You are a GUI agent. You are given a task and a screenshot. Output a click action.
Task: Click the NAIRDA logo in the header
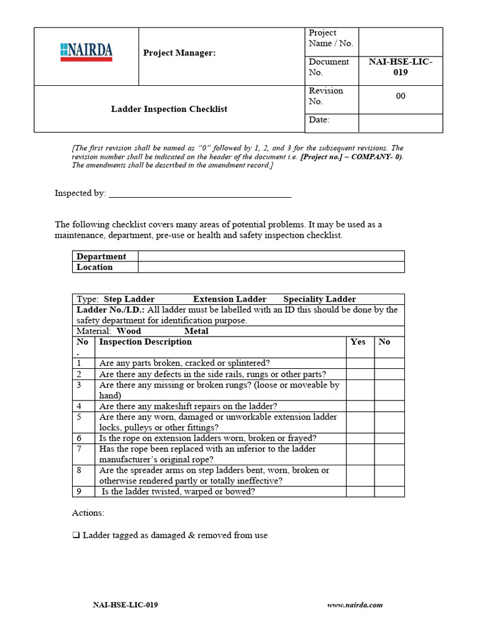pyautogui.click(x=86, y=52)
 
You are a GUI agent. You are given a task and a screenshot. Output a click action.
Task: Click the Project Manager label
pyautogui.click(x=179, y=53)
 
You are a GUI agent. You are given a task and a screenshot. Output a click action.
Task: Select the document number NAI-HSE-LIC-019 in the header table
pyautogui.click(x=400, y=67)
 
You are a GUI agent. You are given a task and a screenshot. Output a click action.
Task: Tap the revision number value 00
pyautogui.click(x=401, y=96)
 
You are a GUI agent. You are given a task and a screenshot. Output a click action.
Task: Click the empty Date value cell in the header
pyautogui.click(x=401, y=123)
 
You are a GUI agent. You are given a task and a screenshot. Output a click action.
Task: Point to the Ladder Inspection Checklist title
pyautogui.click(x=169, y=109)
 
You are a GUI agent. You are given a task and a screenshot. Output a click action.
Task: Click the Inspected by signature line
pyautogui.click(x=200, y=194)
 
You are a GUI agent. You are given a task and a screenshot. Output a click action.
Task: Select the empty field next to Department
pyautogui.click(x=271, y=256)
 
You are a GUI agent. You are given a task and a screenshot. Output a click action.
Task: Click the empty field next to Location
pyautogui.click(x=271, y=267)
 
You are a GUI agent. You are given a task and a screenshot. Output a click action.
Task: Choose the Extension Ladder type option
pyautogui.click(x=229, y=299)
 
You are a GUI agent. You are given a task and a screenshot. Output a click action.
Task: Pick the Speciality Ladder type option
pyautogui.click(x=319, y=299)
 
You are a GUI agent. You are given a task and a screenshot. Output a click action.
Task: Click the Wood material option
pyautogui.click(x=129, y=331)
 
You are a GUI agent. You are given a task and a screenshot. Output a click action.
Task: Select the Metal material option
pyautogui.click(x=196, y=331)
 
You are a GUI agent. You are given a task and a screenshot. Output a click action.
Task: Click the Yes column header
pyautogui.click(x=358, y=342)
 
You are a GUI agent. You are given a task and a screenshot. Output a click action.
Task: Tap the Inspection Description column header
pyautogui.click(x=145, y=342)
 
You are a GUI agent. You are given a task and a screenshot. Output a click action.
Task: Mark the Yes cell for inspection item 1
pyautogui.click(x=360, y=363)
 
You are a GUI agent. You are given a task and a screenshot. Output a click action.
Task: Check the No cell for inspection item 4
pyautogui.click(x=389, y=406)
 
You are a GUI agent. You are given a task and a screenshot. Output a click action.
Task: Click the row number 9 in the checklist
pyautogui.click(x=79, y=491)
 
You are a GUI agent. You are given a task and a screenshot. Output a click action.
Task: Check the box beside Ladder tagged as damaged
pyautogui.click(x=76, y=535)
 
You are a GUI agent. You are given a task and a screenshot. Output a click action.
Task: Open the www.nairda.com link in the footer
pyautogui.click(x=355, y=605)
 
